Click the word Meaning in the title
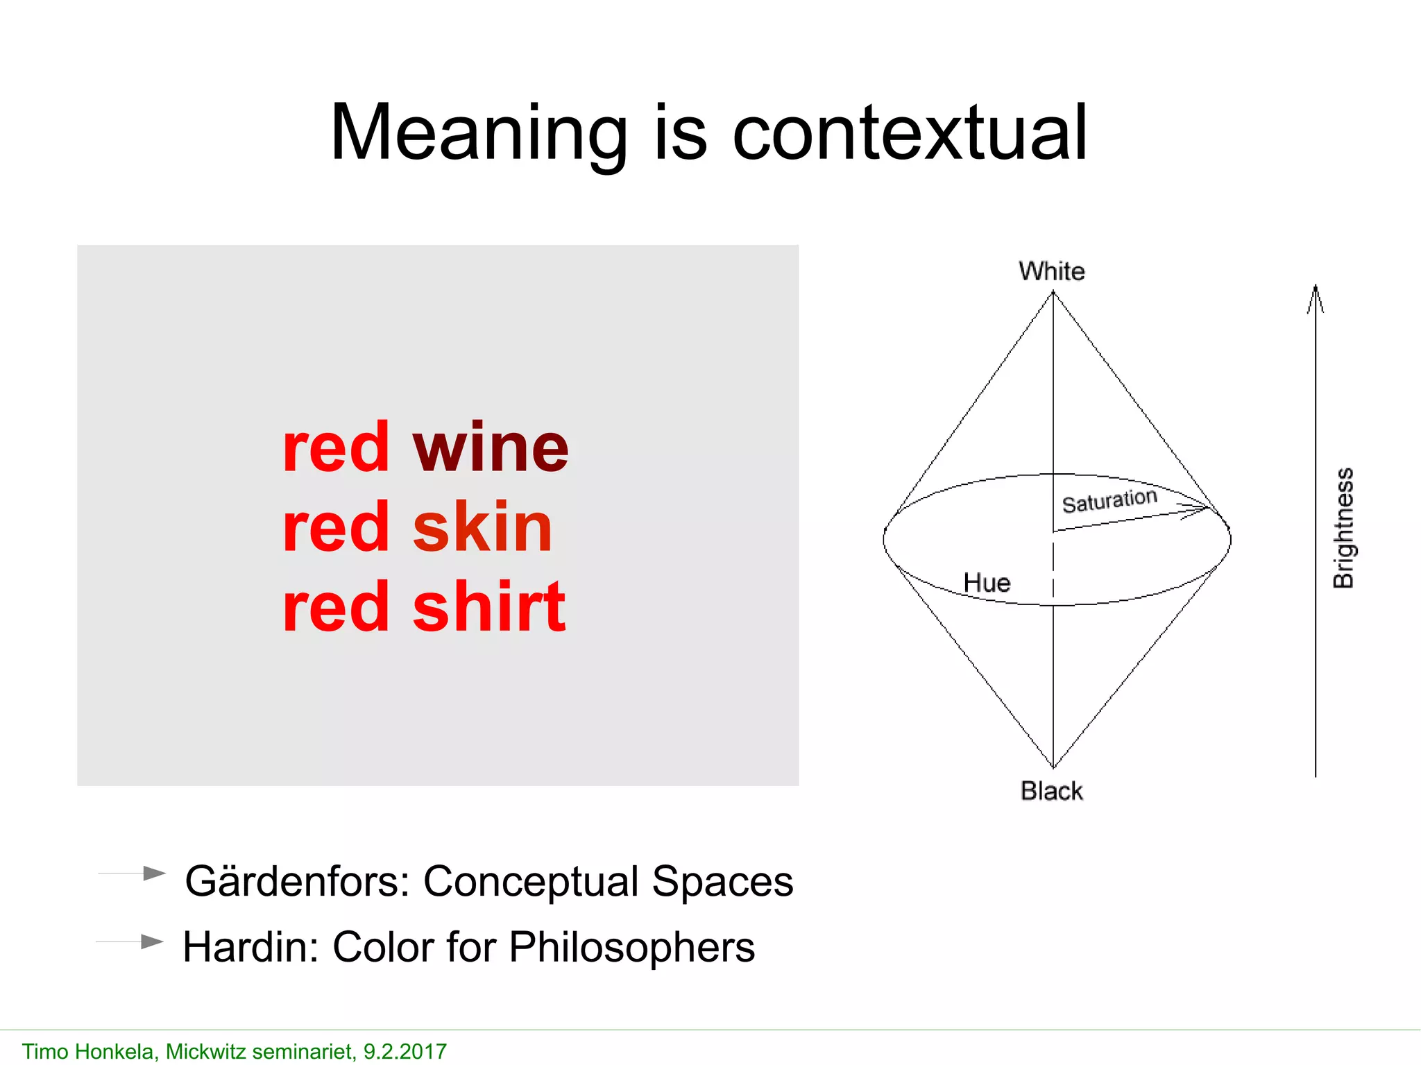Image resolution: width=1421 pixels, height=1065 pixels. pos(479,133)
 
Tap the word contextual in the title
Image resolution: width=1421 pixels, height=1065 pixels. pos(910,133)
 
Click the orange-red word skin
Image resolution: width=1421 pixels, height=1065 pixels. pos(482,527)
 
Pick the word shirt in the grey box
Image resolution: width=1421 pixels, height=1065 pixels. pos(489,607)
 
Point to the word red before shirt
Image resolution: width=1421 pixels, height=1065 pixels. pos(336,607)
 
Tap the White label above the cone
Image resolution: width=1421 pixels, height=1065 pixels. pos(1051,271)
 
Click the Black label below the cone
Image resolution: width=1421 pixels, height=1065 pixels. pos(1051,791)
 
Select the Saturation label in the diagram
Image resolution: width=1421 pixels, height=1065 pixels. pos(1109,500)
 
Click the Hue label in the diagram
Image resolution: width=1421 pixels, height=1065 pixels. pos(987,583)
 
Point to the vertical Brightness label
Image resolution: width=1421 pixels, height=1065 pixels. pos(1343,528)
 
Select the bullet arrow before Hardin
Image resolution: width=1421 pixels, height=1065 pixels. pos(151,942)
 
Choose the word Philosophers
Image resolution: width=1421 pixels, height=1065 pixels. pos(631,947)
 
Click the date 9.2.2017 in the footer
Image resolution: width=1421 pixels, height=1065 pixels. pos(405,1052)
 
